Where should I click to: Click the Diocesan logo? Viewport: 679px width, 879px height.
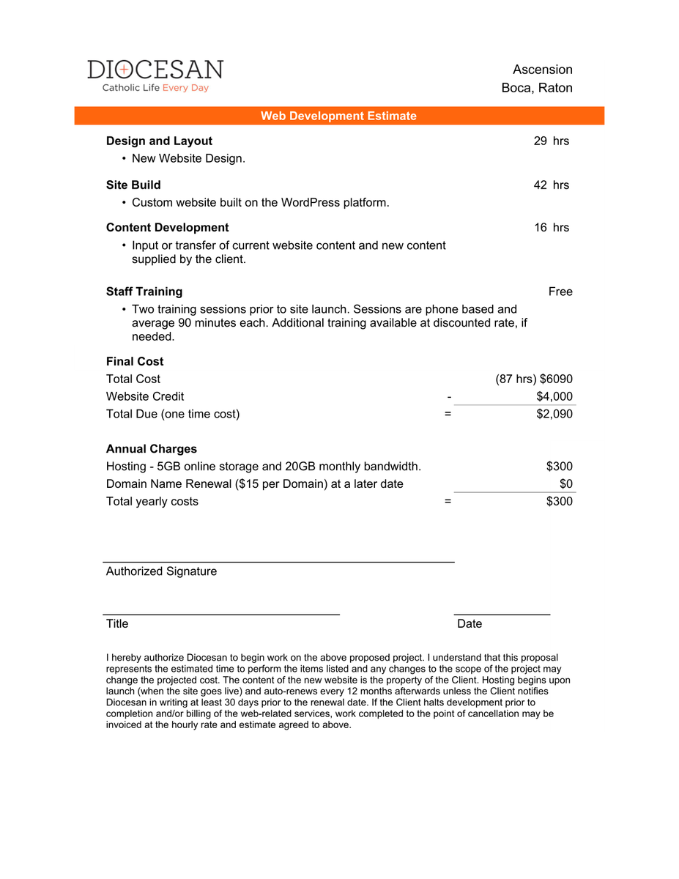tap(155, 75)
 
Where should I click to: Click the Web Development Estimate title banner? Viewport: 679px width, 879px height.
tap(338, 116)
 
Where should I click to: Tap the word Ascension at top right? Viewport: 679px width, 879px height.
tap(542, 70)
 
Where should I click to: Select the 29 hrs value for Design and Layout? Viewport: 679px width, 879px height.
tap(551, 141)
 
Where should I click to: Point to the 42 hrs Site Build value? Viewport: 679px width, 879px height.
tap(551, 185)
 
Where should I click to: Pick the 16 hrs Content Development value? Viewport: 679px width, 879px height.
tap(551, 227)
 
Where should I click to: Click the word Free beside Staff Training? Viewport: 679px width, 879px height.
tap(560, 292)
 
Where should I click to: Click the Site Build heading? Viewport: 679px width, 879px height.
tap(133, 185)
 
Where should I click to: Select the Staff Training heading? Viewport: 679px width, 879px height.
tap(144, 292)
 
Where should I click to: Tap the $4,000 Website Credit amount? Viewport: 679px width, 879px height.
tap(554, 396)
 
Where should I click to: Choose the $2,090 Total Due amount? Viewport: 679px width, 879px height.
tap(554, 414)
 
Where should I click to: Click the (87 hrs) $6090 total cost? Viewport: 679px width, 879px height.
tap(534, 379)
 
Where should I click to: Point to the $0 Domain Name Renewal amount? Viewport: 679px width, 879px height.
tap(565, 484)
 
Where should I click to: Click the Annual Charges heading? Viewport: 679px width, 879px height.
tap(152, 449)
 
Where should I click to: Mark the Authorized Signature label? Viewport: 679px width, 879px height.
tap(161, 571)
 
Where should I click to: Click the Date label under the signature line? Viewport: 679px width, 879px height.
tap(470, 623)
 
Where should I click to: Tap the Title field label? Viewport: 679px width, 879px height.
tap(117, 623)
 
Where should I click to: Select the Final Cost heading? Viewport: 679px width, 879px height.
tap(135, 361)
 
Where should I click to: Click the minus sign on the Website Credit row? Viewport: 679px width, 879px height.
tap(448, 396)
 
